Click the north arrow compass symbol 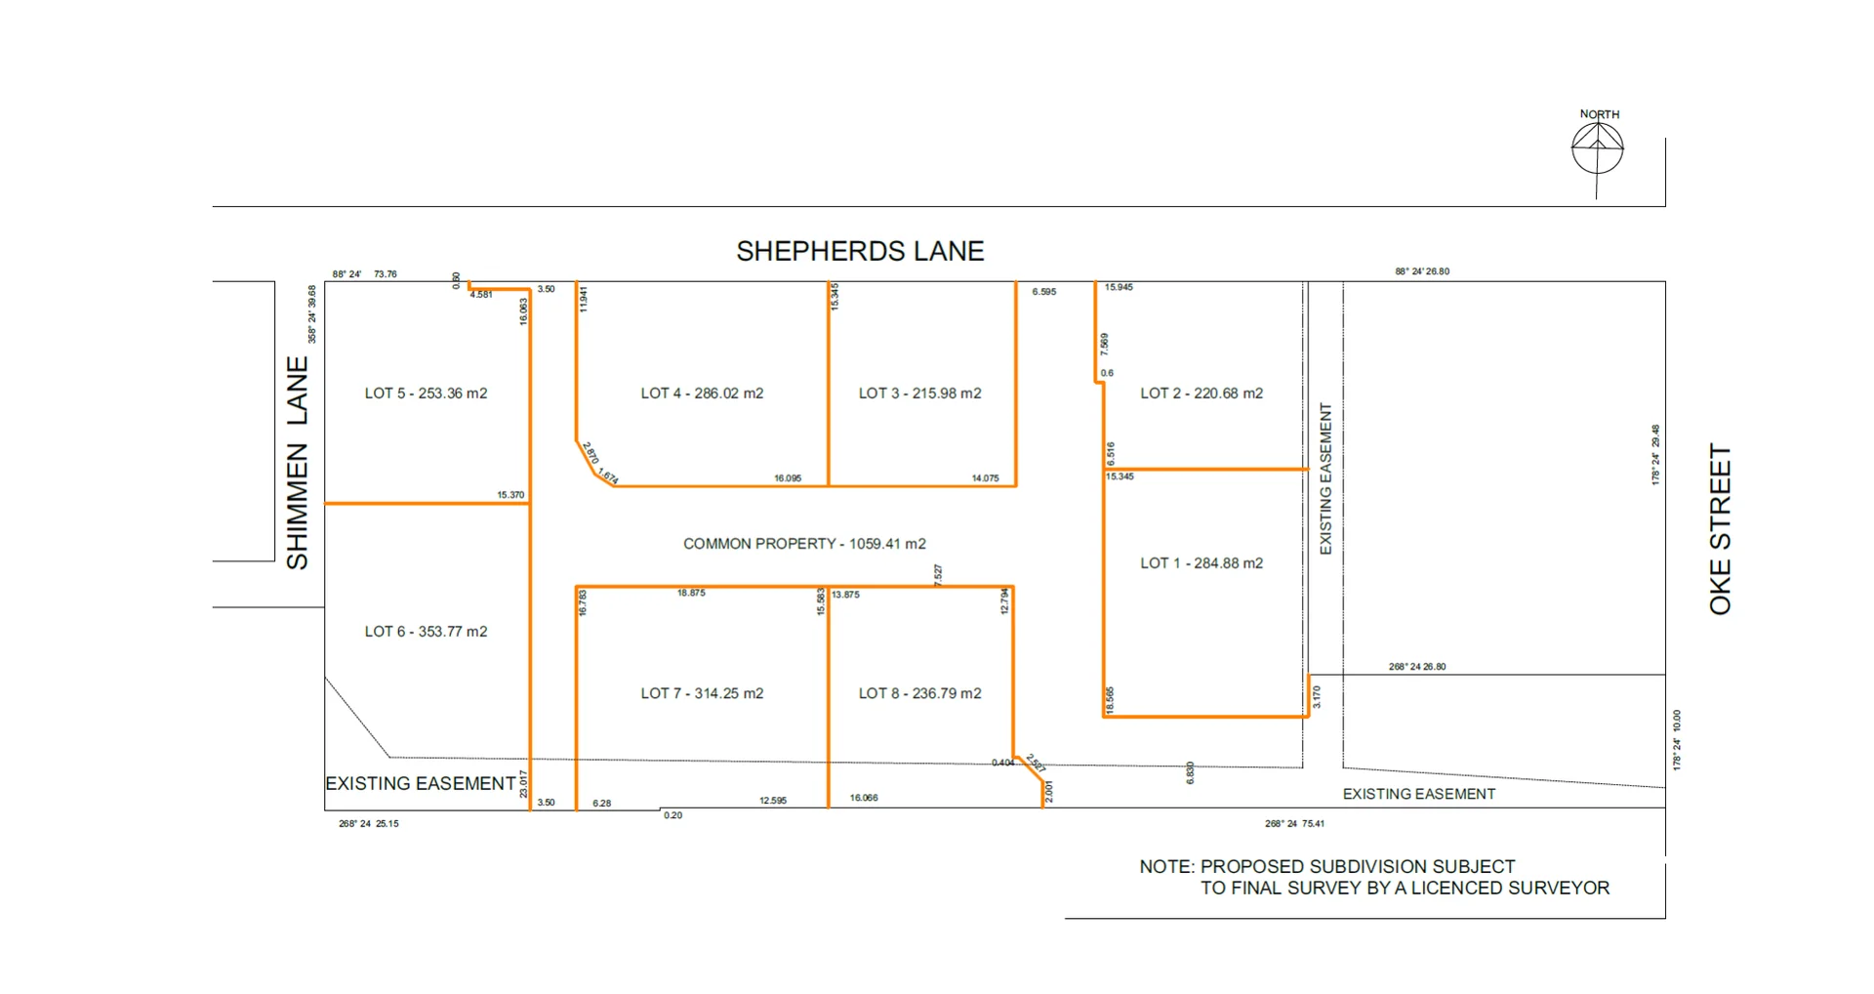tap(1597, 149)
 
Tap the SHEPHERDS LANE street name tap(860, 251)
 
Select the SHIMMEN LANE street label tap(297, 462)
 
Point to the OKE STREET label tap(1720, 529)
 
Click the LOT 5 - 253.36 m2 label tap(426, 393)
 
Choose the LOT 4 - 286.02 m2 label tap(702, 393)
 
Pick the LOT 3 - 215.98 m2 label tap(919, 393)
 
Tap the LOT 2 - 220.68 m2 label tap(1202, 393)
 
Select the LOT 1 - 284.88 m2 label tap(1202, 563)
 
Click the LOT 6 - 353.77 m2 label tap(426, 632)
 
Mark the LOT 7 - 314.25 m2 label tap(702, 693)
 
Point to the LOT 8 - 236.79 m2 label tap(919, 693)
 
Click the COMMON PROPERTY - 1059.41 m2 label tap(804, 544)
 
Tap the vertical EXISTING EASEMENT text tap(1325, 478)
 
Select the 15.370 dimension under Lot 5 tap(510, 495)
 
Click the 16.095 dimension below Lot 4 tap(788, 478)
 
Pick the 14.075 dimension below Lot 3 tap(985, 478)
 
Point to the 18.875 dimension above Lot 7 tap(691, 593)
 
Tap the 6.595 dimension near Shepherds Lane tap(1043, 292)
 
